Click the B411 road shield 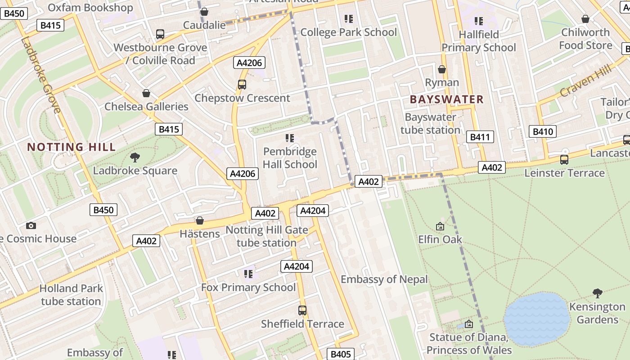[480, 137]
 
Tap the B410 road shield [542, 131]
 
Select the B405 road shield [340, 354]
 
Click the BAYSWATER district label [447, 99]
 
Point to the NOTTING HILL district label [72, 147]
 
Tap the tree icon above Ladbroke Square [135, 157]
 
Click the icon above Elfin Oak [440, 226]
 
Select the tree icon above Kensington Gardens [597, 293]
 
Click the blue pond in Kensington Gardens [537, 319]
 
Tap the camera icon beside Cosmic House [31, 225]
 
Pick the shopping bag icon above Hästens [200, 220]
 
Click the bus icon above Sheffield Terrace [302, 310]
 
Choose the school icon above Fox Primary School [248, 274]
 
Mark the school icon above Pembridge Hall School [290, 138]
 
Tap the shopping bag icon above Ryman [442, 69]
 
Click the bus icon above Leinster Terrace [564, 159]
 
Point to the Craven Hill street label [586, 81]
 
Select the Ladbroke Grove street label [40, 75]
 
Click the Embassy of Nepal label [384, 279]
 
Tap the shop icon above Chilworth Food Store [585, 19]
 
